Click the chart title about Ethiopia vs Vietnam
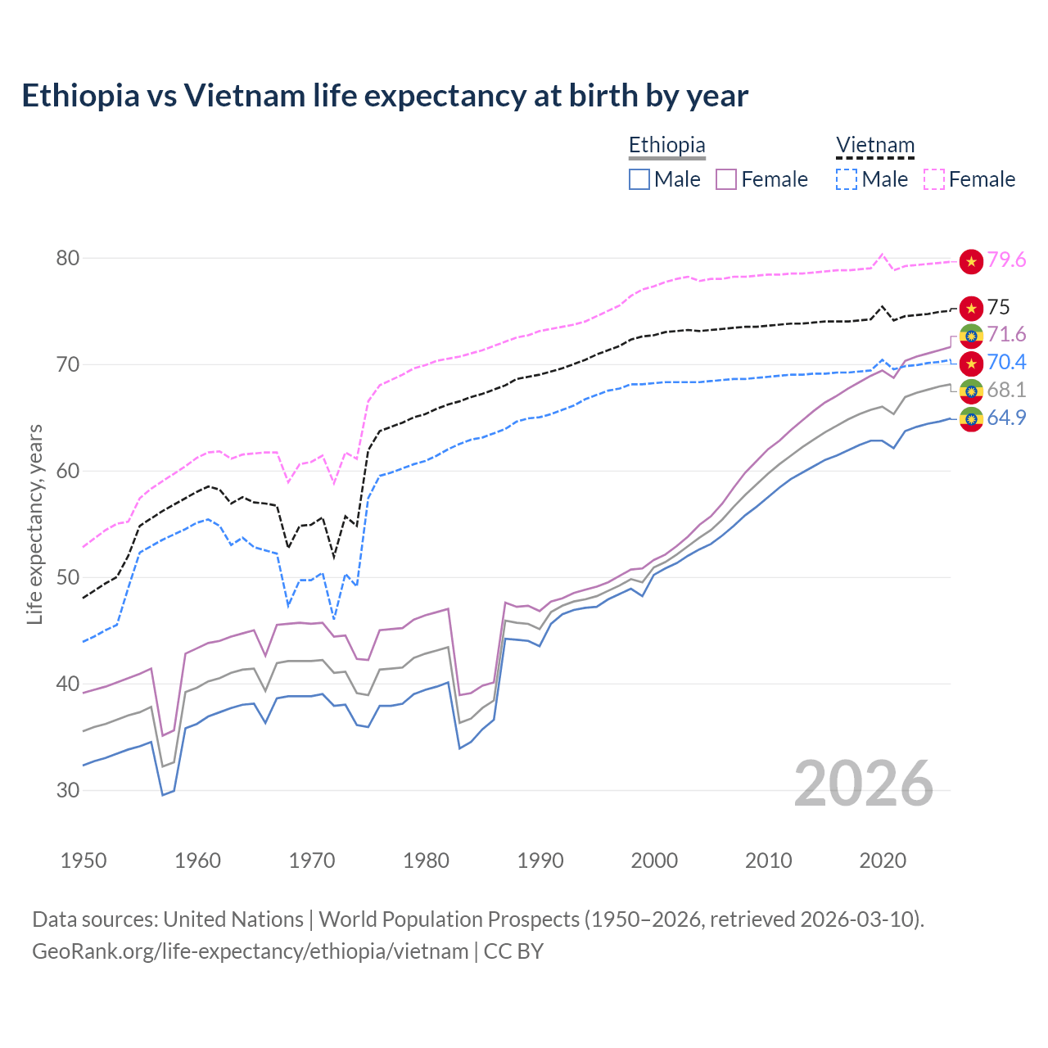(385, 96)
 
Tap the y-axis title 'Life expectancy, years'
(34, 524)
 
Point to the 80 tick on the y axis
(68, 258)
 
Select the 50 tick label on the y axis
(68, 577)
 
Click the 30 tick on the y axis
(68, 790)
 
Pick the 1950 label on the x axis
(84, 861)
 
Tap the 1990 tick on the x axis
(540, 861)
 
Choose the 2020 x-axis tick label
(883, 861)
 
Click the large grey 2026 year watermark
(863, 784)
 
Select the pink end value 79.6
(1006, 260)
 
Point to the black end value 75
(998, 307)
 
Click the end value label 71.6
(1006, 334)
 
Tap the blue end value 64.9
(1006, 418)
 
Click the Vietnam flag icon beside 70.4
(971, 362)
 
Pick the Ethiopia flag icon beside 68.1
(971, 390)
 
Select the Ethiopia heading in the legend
(666, 145)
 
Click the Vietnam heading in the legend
(874, 145)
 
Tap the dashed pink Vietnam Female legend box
(934, 179)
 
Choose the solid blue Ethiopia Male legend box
(639, 179)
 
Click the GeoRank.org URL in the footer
(250, 951)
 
